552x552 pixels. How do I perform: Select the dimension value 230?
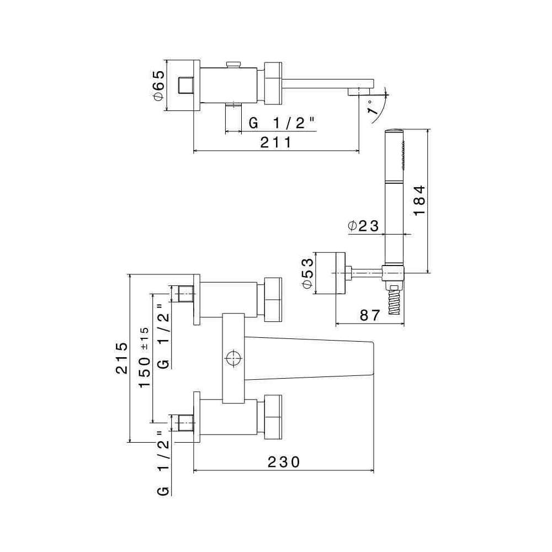[284, 462]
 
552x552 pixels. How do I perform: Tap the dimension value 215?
[121, 358]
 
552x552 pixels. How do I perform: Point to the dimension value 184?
[420, 200]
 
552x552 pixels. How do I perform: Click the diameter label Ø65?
[159, 86]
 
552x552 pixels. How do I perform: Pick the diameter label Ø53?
[307, 273]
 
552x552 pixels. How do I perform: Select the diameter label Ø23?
[363, 226]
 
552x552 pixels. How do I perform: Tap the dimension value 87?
[370, 315]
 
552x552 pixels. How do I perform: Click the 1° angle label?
[371, 108]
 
